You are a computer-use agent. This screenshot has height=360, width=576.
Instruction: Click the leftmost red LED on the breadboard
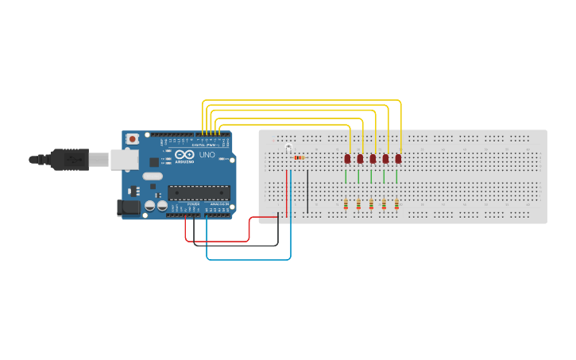pos(347,158)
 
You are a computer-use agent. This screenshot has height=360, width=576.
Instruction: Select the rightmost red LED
pos(398,158)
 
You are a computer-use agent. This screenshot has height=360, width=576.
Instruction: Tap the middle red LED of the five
pos(373,158)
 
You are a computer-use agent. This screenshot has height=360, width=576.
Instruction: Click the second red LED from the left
pos(360,158)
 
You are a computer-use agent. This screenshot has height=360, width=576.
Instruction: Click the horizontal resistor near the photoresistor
pos(299,157)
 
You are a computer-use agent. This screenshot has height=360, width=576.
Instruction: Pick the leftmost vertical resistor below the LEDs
pos(346,205)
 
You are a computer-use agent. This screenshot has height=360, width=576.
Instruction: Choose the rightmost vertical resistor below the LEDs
pos(396,205)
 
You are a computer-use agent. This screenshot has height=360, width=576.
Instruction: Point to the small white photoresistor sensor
pos(288,149)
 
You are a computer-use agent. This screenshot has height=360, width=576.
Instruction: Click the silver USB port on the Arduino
pos(123,159)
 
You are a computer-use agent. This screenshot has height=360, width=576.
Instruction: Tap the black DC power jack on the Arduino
pos(128,207)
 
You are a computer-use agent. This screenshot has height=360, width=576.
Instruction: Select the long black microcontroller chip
pos(199,192)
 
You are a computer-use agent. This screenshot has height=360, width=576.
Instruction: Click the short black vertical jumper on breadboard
pos(307,191)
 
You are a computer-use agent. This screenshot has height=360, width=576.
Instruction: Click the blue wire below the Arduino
pos(246,259)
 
